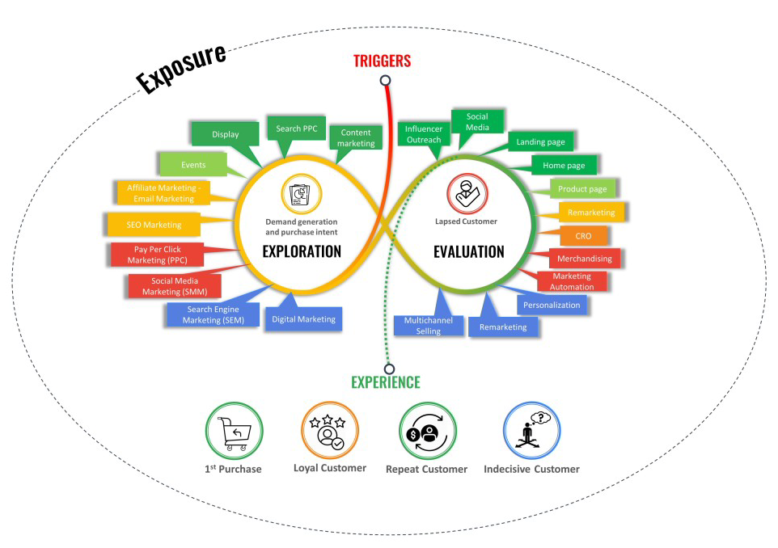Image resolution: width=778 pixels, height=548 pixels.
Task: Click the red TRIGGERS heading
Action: click(382, 61)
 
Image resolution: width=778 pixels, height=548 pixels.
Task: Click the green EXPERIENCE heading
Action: click(385, 382)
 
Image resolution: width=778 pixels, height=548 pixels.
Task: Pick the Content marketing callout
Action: click(357, 138)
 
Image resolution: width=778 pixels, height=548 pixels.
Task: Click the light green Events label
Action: click(193, 165)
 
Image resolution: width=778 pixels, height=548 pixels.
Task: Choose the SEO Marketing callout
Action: click(154, 224)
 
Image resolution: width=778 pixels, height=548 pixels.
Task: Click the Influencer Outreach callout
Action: click(424, 134)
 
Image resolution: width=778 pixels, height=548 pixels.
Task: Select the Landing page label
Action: click(540, 142)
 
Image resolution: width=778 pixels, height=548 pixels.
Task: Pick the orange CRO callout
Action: click(583, 236)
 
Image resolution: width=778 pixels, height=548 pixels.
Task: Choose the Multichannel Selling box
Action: click(429, 326)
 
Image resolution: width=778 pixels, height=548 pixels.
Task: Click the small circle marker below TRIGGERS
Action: click(386, 80)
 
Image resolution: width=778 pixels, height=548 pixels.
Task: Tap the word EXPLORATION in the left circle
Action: click(302, 251)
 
